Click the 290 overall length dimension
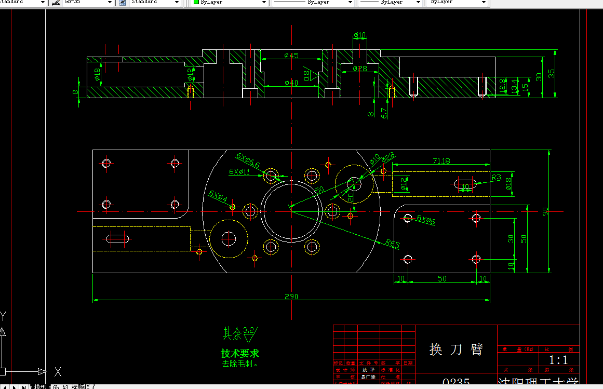291,297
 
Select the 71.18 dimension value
440,161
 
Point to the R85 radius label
393,243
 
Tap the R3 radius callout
496,178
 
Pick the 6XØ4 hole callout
218,195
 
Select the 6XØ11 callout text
239,172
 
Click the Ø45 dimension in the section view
291,56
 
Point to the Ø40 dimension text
291,83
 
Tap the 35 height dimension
552,73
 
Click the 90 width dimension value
545,211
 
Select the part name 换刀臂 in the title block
456,349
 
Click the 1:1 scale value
558,360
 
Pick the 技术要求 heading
240,354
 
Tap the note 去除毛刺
240,364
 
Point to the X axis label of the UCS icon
58,371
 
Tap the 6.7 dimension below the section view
384,113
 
